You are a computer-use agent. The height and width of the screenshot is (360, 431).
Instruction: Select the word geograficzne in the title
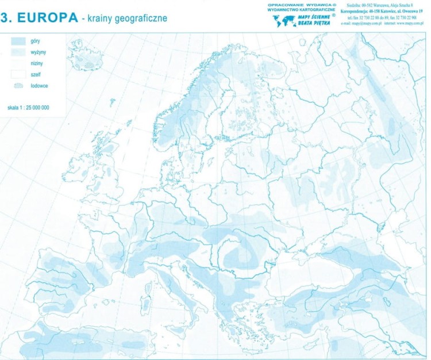[x=137, y=18]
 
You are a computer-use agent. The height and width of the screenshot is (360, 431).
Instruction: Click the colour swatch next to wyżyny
[x=18, y=52]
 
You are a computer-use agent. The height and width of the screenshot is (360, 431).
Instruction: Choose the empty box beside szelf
[x=18, y=74]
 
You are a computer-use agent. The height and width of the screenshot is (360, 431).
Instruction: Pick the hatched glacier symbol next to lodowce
[x=18, y=85]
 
